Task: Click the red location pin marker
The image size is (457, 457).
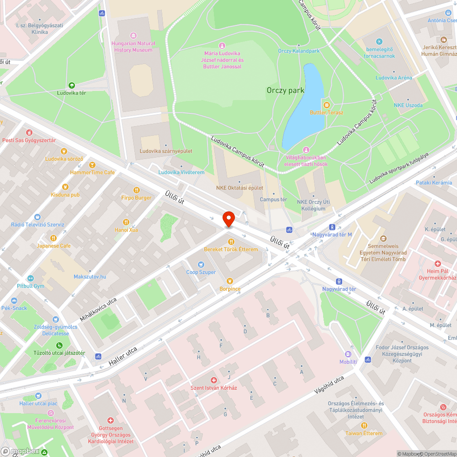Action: pos(228,219)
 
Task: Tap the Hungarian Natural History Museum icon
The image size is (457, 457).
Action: pos(133,36)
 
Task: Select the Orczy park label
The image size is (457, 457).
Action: pos(285,90)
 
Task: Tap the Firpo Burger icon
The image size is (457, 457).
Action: pos(136,190)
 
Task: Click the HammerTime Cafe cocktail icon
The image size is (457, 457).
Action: pos(92,165)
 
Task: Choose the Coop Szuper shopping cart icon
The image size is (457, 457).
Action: pos(201,265)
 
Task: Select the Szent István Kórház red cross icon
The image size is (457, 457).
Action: pos(213,380)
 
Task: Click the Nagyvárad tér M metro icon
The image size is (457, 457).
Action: pos(332,227)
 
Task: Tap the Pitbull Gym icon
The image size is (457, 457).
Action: pos(30,278)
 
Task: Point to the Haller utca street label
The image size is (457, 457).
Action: pos(123,356)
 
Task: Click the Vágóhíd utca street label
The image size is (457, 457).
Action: pos(329,385)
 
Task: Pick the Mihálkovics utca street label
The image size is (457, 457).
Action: pos(98,309)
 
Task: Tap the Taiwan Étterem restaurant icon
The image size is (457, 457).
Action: pos(364,425)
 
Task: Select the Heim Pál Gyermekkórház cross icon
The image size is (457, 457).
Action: pos(437,264)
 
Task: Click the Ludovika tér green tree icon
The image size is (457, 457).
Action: pos(71,85)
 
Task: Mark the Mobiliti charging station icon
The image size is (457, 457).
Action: pos(348,354)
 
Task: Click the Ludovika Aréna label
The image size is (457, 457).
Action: pos(393,78)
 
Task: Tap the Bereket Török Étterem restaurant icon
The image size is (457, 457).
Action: pos(231,241)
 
